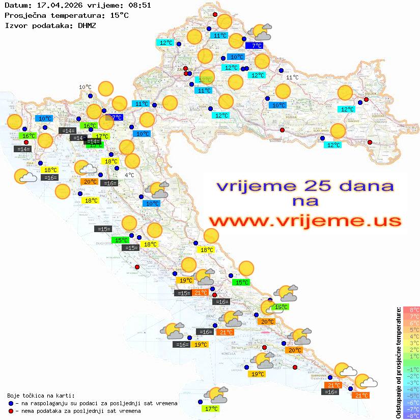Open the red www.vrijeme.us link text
point(304,221)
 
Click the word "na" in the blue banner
point(305,202)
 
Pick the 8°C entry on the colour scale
point(411,310)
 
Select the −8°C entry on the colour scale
point(411,415)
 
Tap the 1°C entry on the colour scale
point(411,356)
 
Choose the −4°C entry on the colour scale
point(411,389)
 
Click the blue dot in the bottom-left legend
point(11,403)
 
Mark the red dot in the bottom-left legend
point(11,411)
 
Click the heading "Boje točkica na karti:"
point(41,396)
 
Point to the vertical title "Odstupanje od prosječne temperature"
point(398,362)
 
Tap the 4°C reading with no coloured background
point(129,175)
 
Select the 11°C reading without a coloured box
point(292,77)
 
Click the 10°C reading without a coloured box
point(85,87)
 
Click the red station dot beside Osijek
point(366,100)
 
